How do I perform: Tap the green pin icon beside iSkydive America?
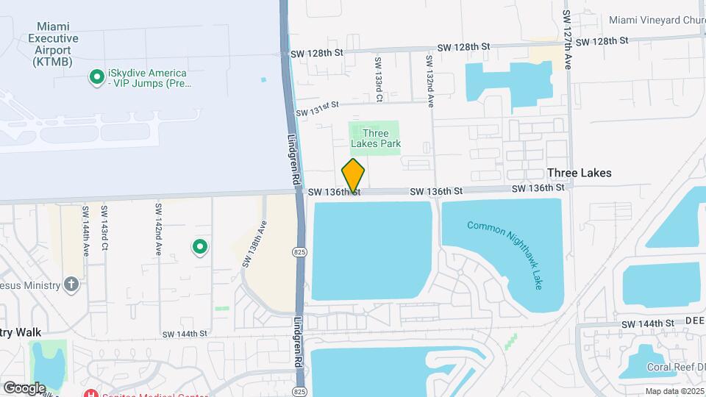96,76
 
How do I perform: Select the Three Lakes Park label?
375,138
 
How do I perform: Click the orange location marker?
354,176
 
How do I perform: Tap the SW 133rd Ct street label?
378,79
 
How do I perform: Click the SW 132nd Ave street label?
429,79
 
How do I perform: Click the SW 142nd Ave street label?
158,229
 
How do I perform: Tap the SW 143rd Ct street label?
105,229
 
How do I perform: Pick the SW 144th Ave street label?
86,229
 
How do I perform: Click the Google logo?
24,387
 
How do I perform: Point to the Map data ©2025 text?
674,391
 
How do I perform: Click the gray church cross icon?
71,284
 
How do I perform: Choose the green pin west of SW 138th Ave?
199,247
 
